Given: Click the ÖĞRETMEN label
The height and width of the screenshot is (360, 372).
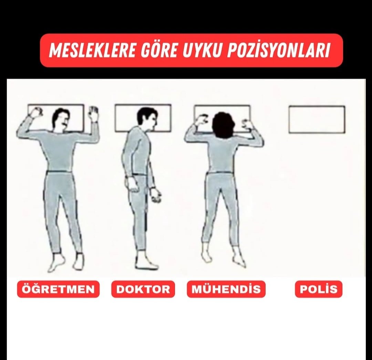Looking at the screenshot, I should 58,289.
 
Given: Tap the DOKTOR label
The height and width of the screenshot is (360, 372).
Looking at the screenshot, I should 143,289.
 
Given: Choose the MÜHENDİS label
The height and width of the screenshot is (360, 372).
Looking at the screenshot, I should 226,289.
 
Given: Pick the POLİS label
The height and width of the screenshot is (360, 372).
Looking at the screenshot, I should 319,289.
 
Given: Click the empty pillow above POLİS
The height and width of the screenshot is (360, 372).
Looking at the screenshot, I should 317,119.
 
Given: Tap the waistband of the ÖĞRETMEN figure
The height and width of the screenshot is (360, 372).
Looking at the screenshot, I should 60,171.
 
